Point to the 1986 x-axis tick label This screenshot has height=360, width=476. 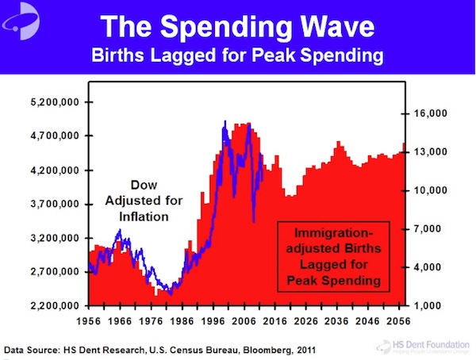(x=182, y=322)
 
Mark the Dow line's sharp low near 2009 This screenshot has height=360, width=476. (x=254, y=221)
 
